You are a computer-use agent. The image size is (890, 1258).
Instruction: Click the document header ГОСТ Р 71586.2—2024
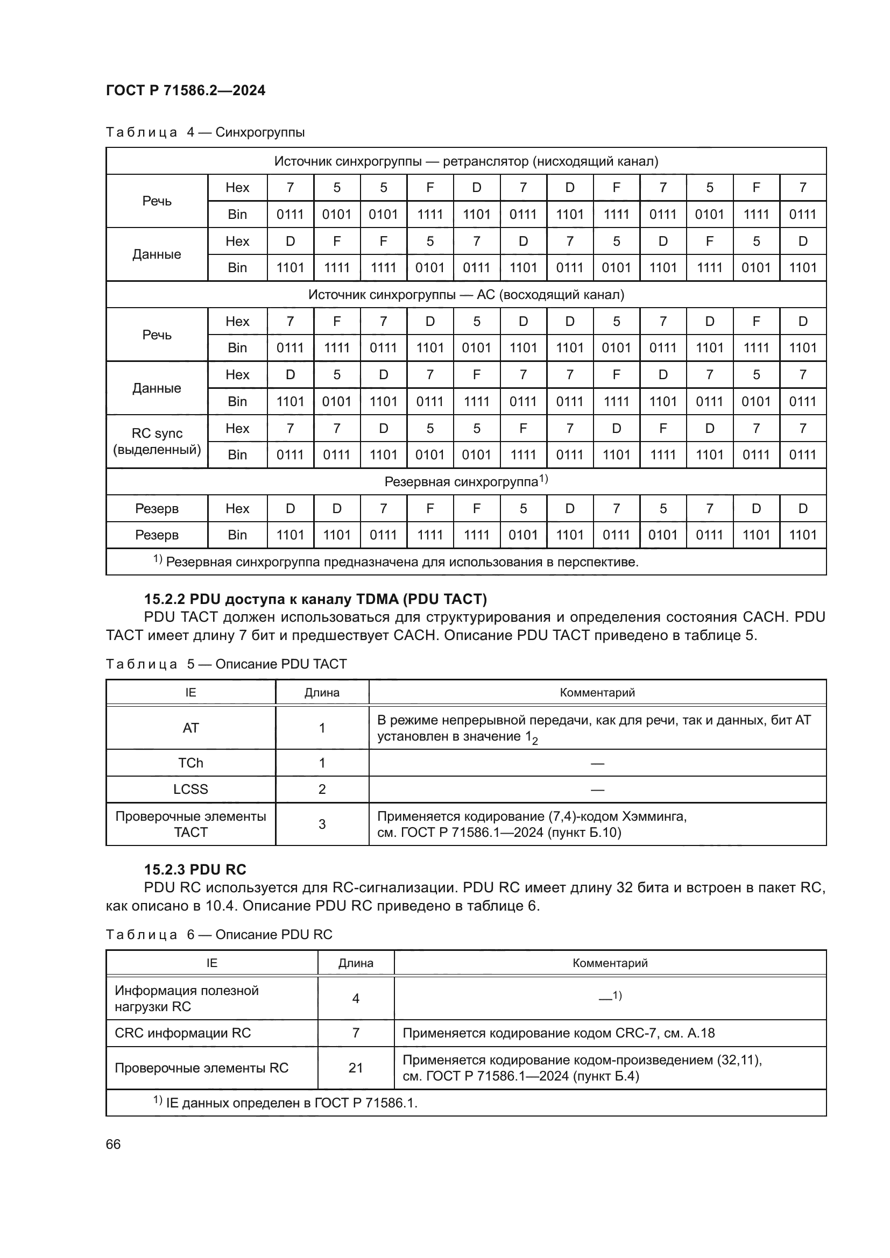tap(185, 90)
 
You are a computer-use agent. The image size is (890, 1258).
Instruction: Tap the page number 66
tap(113, 1144)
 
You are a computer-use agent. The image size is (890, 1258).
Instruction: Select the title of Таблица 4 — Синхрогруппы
tap(205, 132)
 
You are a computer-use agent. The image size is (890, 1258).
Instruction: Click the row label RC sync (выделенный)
tap(157, 441)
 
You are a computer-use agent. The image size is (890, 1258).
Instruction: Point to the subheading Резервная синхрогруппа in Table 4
tap(465, 481)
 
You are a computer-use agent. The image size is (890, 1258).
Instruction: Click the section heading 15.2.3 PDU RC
tap(195, 870)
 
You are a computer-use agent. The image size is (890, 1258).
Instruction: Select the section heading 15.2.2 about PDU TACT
tap(315, 599)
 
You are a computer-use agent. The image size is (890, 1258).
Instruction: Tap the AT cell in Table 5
tap(190, 728)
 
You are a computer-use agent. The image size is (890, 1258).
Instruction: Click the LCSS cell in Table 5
tap(190, 789)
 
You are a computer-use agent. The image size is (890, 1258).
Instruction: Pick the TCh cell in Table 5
tap(190, 763)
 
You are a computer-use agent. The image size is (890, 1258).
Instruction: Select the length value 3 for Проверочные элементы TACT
tap(322, 824)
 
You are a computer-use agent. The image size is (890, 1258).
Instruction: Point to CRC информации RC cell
tap(182, 1033)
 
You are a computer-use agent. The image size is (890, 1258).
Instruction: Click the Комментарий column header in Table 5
tap(597, 692)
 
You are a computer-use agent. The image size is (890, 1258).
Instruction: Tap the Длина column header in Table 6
tap(355, 963)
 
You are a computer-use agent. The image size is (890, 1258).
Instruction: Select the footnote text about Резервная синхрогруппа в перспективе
tap(395, 562)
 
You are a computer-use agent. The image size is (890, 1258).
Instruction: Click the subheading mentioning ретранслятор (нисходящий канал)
tap(466, 161)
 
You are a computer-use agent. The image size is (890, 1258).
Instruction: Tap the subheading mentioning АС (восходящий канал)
tap(466, 295)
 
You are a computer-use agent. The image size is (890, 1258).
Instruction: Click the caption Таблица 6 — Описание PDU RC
tap(218, 934)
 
